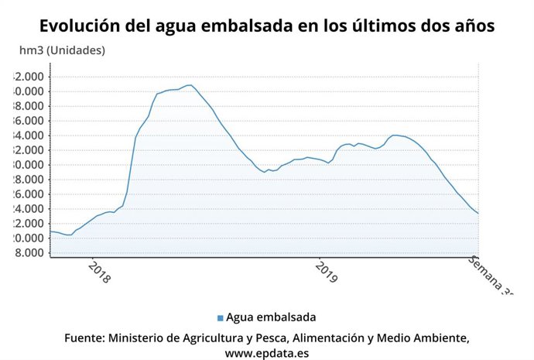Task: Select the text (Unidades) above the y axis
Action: tap(77, 51)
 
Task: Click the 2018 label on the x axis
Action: tap(100, 273)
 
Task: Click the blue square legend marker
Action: tap(221, 317)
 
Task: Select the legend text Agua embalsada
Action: tap(271, 317)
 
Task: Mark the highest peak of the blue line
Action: tap(190, 84)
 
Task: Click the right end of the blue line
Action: tap(478, 214)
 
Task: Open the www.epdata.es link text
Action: tap(267, 353)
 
